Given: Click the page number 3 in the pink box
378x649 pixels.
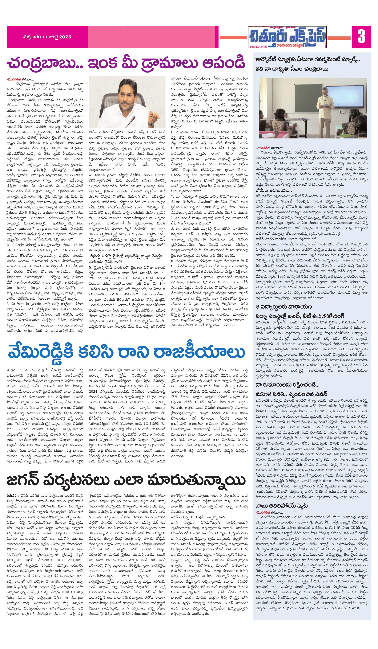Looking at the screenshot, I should pyautogui.click(x=361, y=37).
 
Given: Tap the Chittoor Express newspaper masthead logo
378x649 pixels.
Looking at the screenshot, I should pyautogui.click(x=287, y=37).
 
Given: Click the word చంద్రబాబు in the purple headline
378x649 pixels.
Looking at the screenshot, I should pyautogui.click(x=44, y=63).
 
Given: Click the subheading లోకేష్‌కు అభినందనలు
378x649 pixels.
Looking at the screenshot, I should pyautogui.click(x=273, y=191).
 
